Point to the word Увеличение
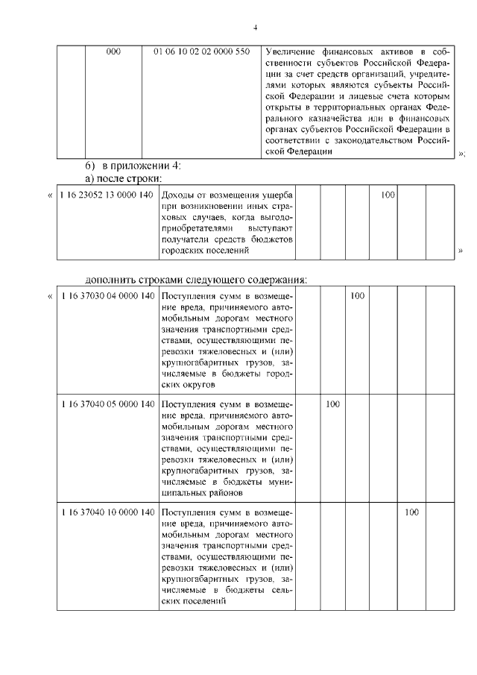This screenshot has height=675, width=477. point(291,52)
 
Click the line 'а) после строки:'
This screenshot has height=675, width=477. point(121,178)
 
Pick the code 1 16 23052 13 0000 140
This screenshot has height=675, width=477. point(107,195)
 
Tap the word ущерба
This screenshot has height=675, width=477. point(275,195)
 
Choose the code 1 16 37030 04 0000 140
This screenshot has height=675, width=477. point(107,297)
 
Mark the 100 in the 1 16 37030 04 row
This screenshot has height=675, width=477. point(358,297)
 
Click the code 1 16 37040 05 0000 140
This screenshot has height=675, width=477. point(107,404)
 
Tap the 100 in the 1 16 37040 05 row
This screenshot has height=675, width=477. point(332,404)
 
